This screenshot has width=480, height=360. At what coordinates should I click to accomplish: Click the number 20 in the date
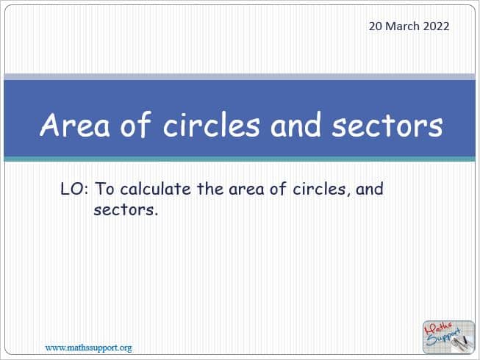click(376, 26)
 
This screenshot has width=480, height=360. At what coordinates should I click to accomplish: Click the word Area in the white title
click(75, 124)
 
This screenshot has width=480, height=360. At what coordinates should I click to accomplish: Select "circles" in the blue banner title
click(212, 124)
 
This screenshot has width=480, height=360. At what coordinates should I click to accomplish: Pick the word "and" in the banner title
click(296, 124)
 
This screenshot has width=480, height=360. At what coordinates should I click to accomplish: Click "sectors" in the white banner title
click(387, 126)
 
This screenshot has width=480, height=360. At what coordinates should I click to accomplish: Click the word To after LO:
click(104, 189)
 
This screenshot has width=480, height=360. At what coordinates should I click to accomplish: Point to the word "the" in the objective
click(210, 188)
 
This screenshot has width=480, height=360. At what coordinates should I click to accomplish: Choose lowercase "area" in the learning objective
click(246, 190)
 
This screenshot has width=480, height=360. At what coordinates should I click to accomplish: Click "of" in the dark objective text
click(278, 188)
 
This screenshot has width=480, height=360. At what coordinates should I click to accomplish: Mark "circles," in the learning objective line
click(321, 189)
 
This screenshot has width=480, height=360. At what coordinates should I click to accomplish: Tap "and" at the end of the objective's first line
click(370, 188)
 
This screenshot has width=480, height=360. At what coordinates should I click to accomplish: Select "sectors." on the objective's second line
click(126, 210)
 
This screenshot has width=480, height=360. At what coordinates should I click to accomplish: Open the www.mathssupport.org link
click(89, 348)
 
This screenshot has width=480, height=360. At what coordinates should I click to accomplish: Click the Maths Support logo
click(448, 336)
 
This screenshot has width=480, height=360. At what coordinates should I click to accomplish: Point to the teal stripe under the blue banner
click(240, 159)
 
